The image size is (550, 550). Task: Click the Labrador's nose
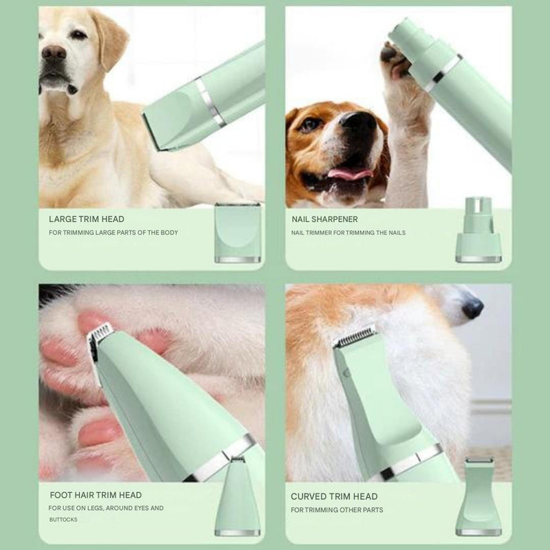(x=54, y=52)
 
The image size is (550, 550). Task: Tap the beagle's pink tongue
(x=349, y=174)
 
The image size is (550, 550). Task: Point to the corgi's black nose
(x=472, y=307)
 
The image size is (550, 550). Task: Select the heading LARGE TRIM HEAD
(x=87, y=219)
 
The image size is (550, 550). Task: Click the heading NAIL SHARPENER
(x=324, y=219)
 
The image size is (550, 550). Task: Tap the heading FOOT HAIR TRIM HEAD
(x=96, y=495)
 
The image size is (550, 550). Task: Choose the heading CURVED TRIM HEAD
(x=334, y=496)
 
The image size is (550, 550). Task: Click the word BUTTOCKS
(x=63, y=520)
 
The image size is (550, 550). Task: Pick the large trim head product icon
(x=237, y=232)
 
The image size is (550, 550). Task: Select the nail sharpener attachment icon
(x=478, y=230)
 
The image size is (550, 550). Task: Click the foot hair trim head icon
(x=237, y=496)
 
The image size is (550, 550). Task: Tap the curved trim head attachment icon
(x=478, y=496)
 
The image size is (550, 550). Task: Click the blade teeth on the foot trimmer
(x=101, y=331)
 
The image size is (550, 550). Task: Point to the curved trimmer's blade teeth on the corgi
(x=354, y=335)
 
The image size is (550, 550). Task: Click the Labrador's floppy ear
(x=110, y=38)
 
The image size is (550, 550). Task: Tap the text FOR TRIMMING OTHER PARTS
(x=337, y=509)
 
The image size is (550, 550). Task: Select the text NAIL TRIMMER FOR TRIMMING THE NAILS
(x=349, y=232)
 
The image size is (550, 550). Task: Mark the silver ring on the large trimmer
(x=210, y=102)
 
